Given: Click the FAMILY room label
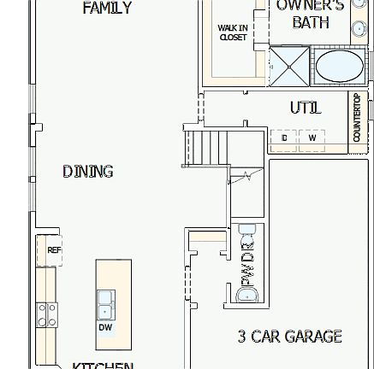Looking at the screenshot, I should [x=107, y=9].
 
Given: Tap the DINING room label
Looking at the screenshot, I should [x=87, y=172].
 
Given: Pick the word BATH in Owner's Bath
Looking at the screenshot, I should [x=310, y=23].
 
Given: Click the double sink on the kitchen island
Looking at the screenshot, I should [x=105, y=302].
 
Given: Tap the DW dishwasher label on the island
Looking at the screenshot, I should [x=105, y=326].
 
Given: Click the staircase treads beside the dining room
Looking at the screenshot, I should [x=205, y=150].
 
